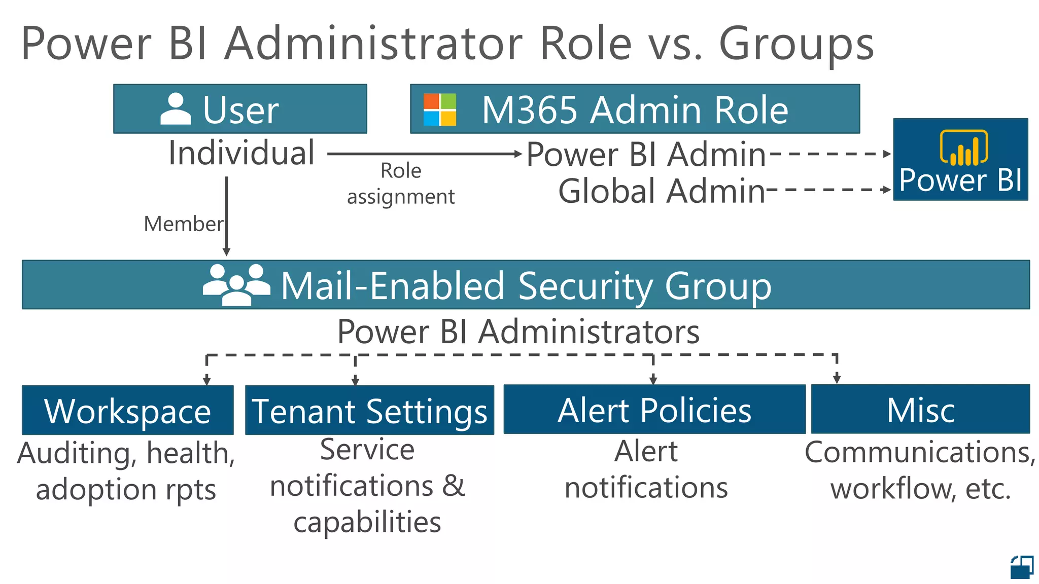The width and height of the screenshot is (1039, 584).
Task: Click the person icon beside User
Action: pyautogui.click(x=176, y=108)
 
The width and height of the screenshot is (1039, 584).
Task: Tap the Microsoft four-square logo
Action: pyautogui.click(x=440, y=109)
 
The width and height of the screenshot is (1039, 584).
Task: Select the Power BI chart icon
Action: pyautogui.click(x=963, y=148)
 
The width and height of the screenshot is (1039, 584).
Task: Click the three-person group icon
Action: pyautogui.click(x=236, y=285)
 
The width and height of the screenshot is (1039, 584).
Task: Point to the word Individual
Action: pyautogui.click(x=241, y=153)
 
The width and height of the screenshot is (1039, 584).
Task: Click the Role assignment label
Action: pyautogui.click(x=401, y=184)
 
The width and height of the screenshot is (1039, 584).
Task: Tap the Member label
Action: pyautogui.click(x=183, y=224)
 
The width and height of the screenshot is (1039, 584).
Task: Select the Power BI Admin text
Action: pyautogui.click(x=646, y=154)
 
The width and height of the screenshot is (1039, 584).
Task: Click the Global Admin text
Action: pyautogui.click(x=662, y=191)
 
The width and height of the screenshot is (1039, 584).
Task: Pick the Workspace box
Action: pyautogui.click(x=128, y=410)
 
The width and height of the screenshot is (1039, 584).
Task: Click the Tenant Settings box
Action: pyautogui.click(x=369, y=410)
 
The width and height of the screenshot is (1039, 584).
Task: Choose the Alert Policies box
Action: pyautogui.click(x=654, y=409)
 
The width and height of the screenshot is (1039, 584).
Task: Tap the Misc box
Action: pyautogui.click(x=920, y=409)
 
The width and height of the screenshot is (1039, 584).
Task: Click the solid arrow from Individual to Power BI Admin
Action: pyautogui.click(x=424, y=154)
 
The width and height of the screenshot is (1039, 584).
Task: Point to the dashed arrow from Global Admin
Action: pyautogui.click(x=828, y=190)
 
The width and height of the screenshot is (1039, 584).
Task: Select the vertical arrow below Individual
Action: pyautogui.click(x=226, y=216)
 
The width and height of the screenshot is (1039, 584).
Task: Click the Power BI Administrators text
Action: pyautogui.click(x=518, y=332)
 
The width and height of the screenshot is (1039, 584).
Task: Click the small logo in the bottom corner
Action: pyautogui.click(x=1022, y=567)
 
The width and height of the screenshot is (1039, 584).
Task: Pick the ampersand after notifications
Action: pyautogui.click(x=453, y=486)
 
